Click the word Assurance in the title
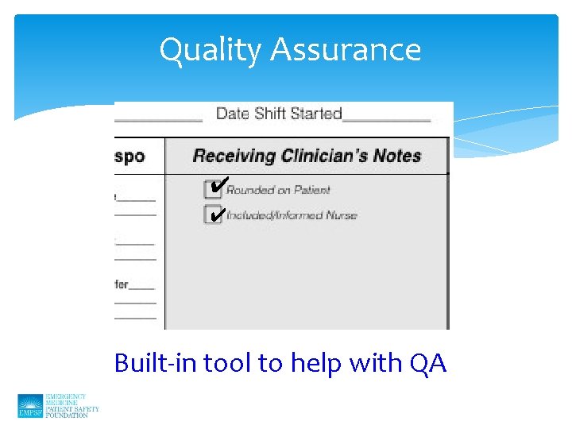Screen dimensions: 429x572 (x=346, y=51)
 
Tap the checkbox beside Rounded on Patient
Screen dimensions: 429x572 (x=213, y=190)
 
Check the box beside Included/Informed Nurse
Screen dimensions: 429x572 (x=213, y=215)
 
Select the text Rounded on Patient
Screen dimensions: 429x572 (x=278, y=190)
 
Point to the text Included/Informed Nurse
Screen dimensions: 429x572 (x=292, y=215)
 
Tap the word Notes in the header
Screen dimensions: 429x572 (x=397, y=156)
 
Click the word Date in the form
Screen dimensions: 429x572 (x=232, y=114)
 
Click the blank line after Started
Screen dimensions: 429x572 (x=386, y=118)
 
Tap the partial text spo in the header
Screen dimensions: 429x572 (x=129, y=157)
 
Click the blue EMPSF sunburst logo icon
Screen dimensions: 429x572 (x=30, y=406)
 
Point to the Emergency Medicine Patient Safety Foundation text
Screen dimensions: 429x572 (x=72, y=406)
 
